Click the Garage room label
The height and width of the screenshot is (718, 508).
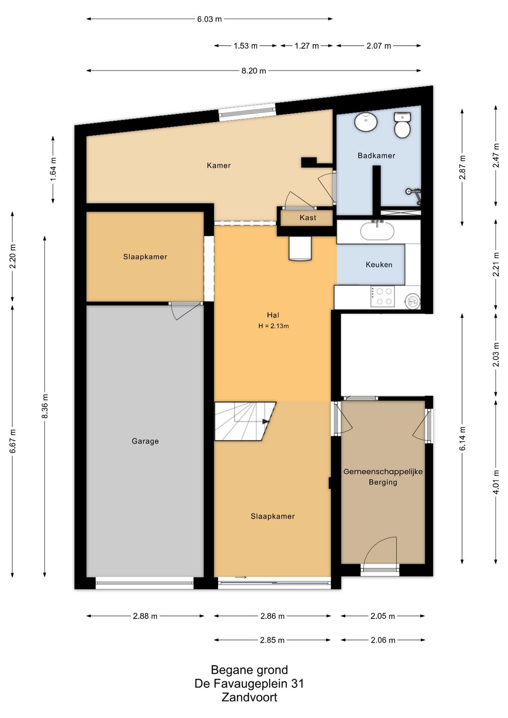(145, 441)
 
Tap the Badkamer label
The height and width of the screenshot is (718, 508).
(376, 155)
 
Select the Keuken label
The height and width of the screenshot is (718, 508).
(379, 264)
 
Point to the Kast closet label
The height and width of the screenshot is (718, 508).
(308, 218)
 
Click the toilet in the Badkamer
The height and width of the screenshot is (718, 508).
(402, 125)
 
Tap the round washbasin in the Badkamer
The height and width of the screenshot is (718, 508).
(365, 121)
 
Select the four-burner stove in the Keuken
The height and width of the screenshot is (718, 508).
(383, 296)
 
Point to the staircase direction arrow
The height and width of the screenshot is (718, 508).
(265, 422)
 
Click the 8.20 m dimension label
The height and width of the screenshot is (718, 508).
(254, 71)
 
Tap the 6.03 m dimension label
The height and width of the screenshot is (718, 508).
(209, 19)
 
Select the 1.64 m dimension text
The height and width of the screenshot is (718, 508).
(53, 169)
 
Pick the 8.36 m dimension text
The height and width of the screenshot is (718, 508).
(45, 406)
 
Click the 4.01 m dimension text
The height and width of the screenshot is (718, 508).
(496, 482)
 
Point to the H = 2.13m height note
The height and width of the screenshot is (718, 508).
(274, 327)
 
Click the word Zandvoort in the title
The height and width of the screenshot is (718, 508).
(249, 697)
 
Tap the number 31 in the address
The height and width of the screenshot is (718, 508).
(297, 684)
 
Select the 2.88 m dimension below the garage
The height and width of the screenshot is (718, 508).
(145, 616)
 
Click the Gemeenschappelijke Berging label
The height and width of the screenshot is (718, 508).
(383, 477)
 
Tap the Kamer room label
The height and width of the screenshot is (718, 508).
(219, 166)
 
